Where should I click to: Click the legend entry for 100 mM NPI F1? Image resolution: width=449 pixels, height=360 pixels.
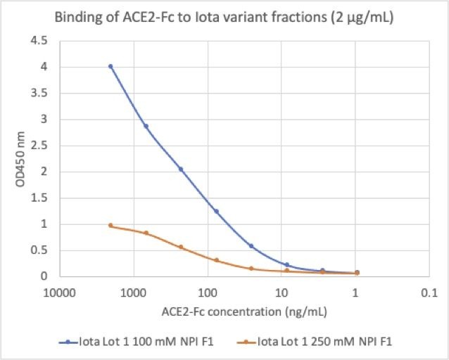[x=135, y=342]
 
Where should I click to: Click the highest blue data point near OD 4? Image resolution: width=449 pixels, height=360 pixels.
[x=110, y=66]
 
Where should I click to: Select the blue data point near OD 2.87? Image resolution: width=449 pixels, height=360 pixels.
[x=146, y=127]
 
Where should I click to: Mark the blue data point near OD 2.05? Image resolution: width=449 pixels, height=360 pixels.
[x=181, y=169]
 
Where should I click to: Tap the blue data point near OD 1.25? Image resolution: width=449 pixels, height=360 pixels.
[x=216, y=211]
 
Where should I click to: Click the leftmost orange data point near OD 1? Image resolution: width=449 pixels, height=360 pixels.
[x=110, y=225]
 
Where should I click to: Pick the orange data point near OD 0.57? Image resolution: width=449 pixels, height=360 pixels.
[x=181, y=247]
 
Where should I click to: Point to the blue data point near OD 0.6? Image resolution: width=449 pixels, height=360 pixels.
[x=251, y=245]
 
